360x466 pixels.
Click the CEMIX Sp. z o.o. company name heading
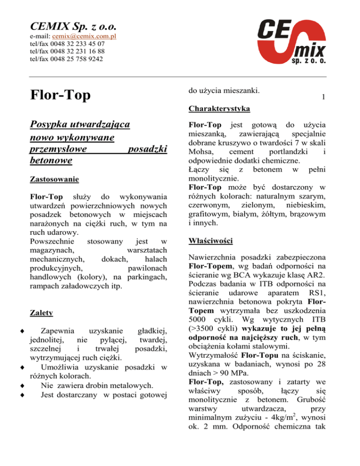point(73,24)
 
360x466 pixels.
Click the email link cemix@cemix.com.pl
point(84,37)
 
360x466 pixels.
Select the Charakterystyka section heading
point(219,110)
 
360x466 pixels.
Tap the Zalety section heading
point(41,312)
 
